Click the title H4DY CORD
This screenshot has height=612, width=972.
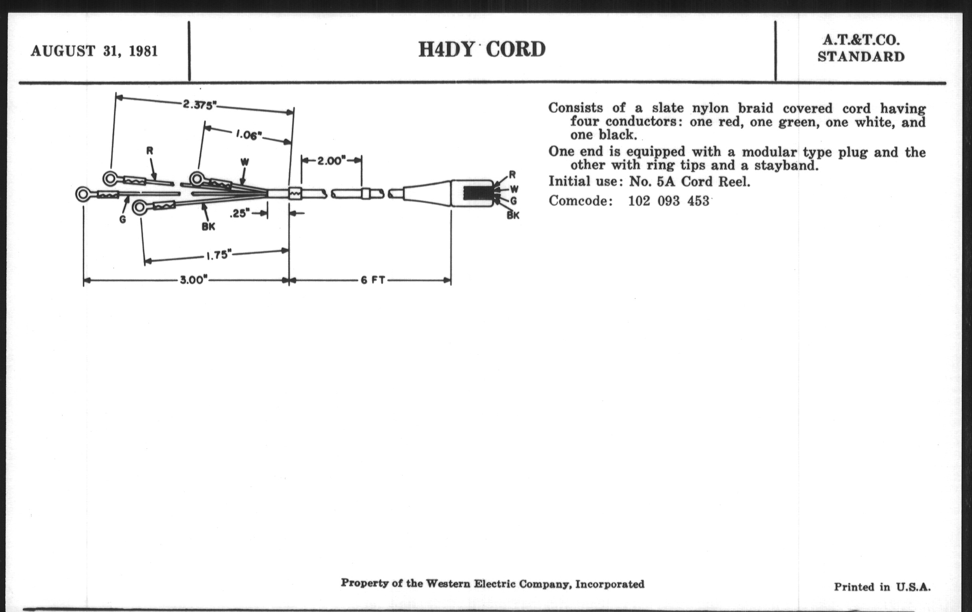coord(482,50)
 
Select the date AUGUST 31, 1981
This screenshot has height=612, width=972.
coord(94,51)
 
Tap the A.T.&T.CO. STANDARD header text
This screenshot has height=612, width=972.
coord(861,48)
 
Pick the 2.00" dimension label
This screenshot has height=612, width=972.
coord(331,161)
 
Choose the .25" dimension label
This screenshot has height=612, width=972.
coord(240,213)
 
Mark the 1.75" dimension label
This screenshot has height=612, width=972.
coord(219,255)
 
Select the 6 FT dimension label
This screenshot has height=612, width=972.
coord(373,280)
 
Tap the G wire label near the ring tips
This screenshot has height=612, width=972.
coord(123,219)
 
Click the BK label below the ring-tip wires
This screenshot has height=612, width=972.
coord(208,227)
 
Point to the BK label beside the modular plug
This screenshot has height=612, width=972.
coord(513,215)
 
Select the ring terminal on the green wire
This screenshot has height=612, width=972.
coord(83,194)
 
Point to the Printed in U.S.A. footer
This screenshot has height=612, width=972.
coord(882,587)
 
